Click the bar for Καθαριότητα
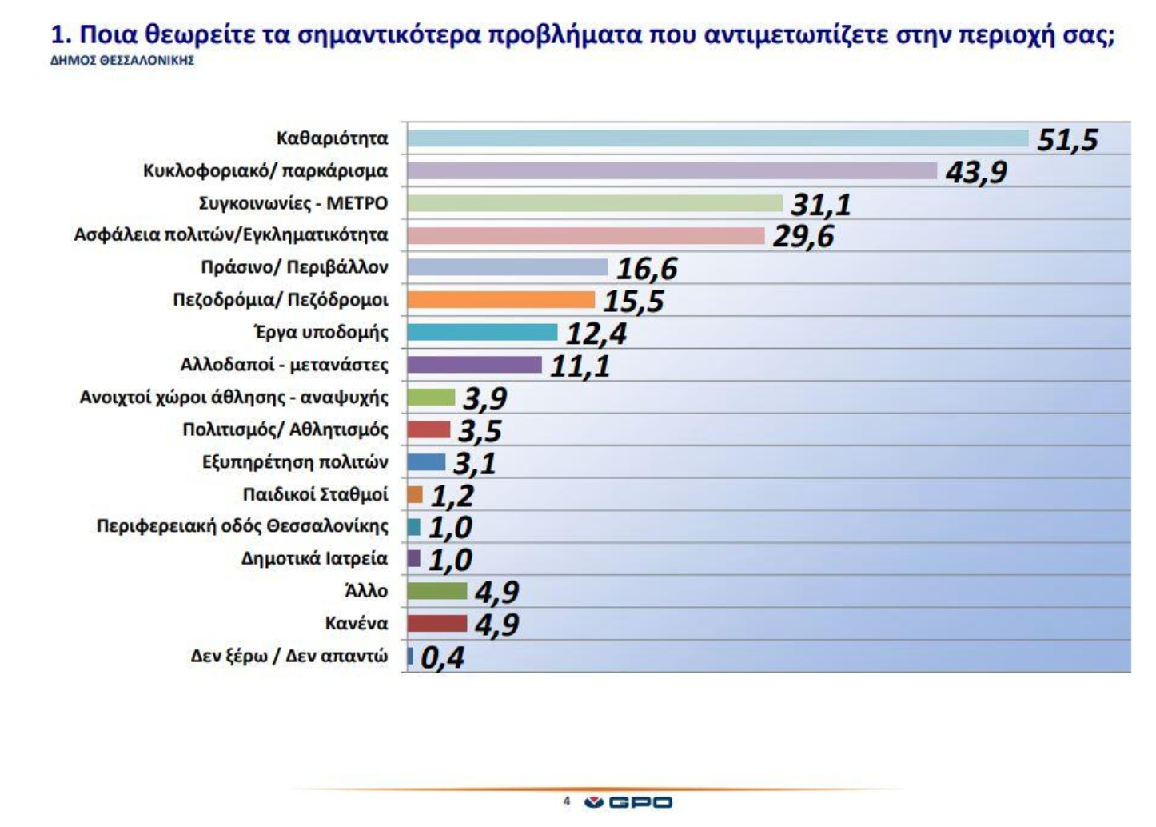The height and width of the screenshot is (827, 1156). (717, 138)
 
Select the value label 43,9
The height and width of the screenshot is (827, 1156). (976, 172)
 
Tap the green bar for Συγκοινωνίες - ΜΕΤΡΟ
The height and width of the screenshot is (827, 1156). (594, 203)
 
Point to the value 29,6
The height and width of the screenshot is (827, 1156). (803, 237)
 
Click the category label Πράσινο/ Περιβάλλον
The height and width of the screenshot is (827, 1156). (294, 267)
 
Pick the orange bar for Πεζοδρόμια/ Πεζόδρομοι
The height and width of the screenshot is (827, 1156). (500, 300)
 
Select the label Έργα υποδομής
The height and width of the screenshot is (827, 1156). (321, 332)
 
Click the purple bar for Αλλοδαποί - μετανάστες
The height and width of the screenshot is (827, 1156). (474, 365)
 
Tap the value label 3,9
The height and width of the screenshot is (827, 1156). (484, 398)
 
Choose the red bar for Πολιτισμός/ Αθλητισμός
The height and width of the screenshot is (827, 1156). (429, 429)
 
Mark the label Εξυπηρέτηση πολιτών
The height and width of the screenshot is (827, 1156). (295, 462)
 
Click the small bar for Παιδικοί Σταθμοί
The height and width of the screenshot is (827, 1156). (415, 495)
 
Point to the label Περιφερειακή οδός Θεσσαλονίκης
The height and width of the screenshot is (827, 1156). (242, 527)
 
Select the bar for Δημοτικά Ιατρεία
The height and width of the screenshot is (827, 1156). (413, 558)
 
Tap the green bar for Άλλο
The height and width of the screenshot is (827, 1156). (436, 591)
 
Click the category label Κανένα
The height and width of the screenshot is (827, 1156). (356, 624)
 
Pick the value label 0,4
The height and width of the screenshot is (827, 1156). (442, 658)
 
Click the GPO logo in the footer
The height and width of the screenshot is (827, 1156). (628, 802)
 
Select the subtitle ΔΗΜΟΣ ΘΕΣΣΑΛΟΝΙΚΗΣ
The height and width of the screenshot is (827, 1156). (122, 61)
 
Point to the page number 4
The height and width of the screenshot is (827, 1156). (567, 801)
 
